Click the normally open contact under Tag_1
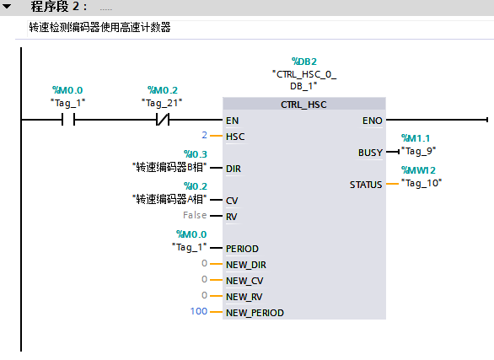[x=68, y=120]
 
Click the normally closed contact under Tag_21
[x=163, y=120]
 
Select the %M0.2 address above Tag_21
[x=163, y=90]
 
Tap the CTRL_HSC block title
[x=303, y=105]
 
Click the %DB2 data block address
[x=304, y=62]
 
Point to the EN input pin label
[x=232, y=121]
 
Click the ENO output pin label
[x=372, y=121]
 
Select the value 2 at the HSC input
[x=205, y=135]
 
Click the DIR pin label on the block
[x=234, y=169]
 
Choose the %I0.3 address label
[x=196, y=154]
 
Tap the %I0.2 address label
[x=196, y=186]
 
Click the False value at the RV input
[x=195, y=215]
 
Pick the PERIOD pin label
[x=242, y=249]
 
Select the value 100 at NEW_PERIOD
[x=199, y=311]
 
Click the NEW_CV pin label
[x=244, y=281]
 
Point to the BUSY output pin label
[x=371, y=153]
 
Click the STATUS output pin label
[x=366, y=185]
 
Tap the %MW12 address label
[x=418, y=170]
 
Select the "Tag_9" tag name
[x=418, y=152]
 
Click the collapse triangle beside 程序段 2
[x=7, y=6]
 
